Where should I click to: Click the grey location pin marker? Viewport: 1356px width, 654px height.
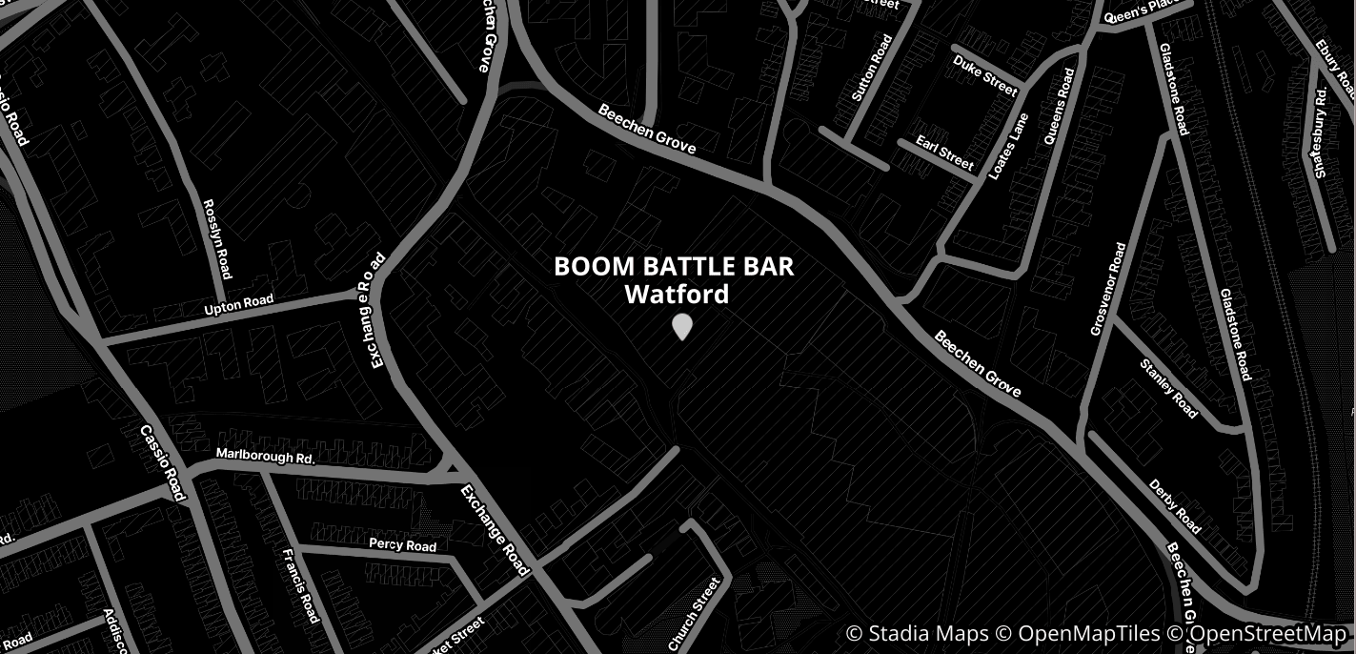click(681, 326)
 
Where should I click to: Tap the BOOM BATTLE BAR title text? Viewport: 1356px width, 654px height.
click(674, 266)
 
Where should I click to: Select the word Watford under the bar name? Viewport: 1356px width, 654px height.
click(677, 294)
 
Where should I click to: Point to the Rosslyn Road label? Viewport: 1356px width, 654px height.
click(218, 238)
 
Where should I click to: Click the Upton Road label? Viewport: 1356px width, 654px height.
click(239, 306)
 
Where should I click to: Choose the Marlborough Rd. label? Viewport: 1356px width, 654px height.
click(265, 457)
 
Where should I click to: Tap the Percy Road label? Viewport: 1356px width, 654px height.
click(402, 544)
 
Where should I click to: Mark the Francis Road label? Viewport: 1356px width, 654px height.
click(300, 584)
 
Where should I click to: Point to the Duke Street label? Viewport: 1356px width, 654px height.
click(985, 74)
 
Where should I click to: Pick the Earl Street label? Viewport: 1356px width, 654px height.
click(944, 153)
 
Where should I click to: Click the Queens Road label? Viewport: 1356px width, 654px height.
click(1059, 106)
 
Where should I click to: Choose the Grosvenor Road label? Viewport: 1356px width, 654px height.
click(1107, 289)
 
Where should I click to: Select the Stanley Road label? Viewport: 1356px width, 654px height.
click(1169, 389)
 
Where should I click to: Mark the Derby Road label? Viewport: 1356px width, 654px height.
click(1175, 506)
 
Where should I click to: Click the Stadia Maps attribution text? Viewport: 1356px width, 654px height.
click(917, 634)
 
